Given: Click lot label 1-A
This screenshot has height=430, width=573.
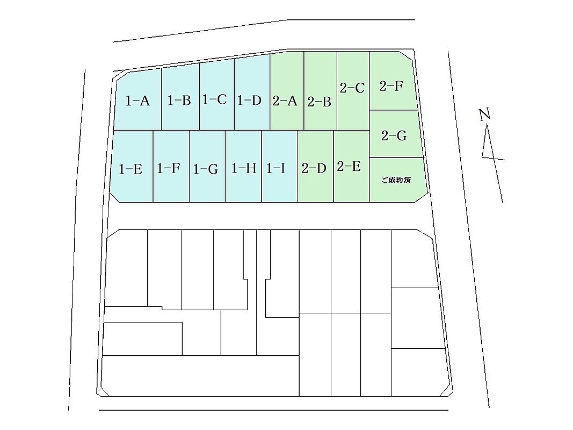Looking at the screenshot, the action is coord(138,101).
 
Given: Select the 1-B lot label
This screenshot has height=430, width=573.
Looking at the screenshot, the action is coord(179,100).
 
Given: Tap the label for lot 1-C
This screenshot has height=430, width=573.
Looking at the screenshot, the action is coord(214,99).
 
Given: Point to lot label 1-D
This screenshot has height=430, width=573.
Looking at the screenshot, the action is coord(249,100).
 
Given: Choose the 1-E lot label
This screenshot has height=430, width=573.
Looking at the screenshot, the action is coord(130,169).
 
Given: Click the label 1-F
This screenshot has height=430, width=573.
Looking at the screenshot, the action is coord(169,168).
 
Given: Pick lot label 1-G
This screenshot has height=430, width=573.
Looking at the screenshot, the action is coord(205,169).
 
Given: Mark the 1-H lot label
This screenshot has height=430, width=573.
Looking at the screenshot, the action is coord(244,168).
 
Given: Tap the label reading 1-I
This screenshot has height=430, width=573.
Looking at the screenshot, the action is coord(275,168).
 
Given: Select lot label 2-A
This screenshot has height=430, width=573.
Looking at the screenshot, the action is coord(285,101).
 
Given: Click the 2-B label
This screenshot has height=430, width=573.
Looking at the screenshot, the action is coord(319,102).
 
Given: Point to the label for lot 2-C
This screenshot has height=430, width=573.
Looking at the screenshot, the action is coord(352,88).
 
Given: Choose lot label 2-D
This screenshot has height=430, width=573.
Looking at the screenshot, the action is coord(314,168).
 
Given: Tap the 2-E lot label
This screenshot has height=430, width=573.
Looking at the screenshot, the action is coord(349,167).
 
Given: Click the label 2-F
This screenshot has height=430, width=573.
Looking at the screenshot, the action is coord(391,86).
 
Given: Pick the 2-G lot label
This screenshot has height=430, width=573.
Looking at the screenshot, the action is coord(394,135).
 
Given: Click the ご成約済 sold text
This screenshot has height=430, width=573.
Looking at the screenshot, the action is coord(396,180).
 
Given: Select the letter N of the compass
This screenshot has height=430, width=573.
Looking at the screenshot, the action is coord(484,115).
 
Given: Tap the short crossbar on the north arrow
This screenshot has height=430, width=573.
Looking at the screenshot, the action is coord(494,158).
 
